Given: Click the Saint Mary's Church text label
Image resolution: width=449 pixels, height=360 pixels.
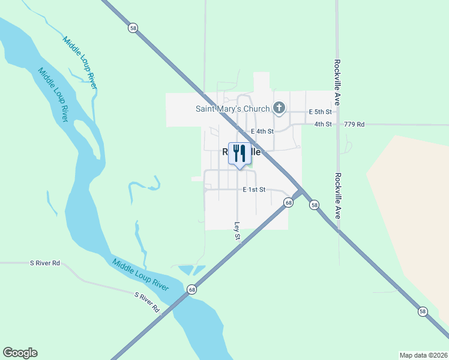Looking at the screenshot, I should click(232, 109).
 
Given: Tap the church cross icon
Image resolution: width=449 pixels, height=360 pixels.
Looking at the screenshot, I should click(279, 108).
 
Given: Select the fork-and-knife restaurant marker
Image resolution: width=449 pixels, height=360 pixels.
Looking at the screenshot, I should click(240, 154).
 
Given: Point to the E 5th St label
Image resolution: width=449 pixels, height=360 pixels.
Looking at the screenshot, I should click(320, 112).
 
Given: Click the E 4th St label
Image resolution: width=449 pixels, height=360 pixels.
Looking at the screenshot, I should click(262, 131).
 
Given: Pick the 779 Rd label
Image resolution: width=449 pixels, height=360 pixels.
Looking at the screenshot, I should click(354, 124).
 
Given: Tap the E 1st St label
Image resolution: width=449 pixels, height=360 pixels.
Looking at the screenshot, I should click(255, 190).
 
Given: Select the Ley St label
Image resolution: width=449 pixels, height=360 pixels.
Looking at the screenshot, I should click(237, 232).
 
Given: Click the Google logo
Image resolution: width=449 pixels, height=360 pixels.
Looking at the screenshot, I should click(20, 353).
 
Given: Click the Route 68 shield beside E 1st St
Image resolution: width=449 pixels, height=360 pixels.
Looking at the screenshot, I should click(289, 203).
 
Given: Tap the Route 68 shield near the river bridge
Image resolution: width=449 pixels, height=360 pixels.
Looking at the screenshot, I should click(191, 289).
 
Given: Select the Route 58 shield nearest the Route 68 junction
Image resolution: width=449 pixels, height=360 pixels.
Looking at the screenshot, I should click(315, 205).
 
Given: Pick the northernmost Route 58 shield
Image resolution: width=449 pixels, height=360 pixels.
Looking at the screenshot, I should click(132, 28).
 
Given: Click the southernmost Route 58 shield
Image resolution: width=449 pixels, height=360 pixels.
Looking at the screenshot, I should click(423, 311).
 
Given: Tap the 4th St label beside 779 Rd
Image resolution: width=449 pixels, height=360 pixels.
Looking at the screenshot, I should click(323, 124).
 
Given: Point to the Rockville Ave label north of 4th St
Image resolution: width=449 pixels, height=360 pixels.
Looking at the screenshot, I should click(338, 83).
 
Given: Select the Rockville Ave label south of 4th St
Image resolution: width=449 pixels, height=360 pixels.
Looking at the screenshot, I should click(338, 196).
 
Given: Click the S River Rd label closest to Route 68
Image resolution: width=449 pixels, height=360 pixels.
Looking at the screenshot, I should click(147, 302).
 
